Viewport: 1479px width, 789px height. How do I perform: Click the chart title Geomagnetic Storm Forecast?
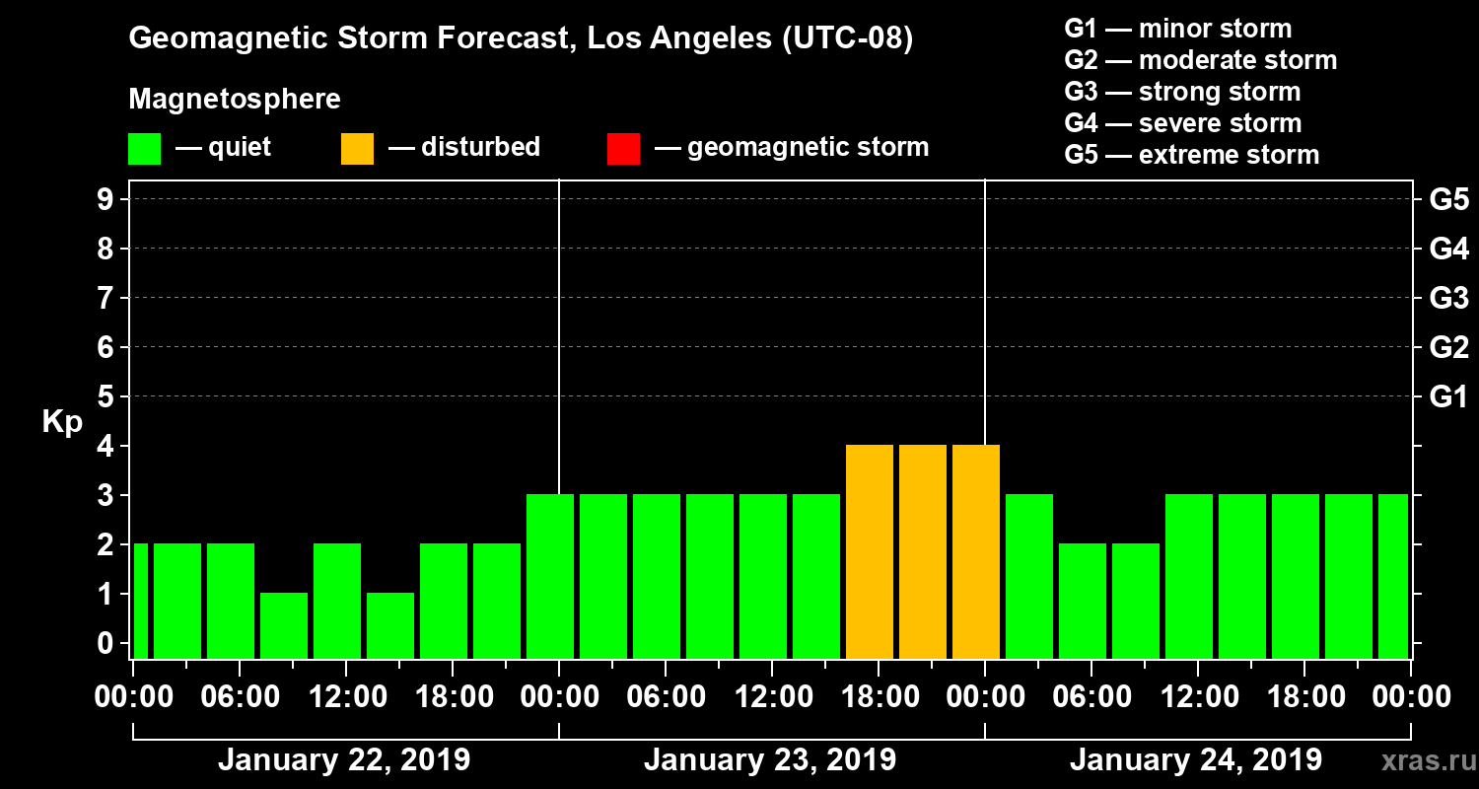click(x=521, y=39)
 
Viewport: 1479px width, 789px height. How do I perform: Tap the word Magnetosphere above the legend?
click(x=235, y=100)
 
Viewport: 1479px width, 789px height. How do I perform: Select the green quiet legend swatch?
click(x=144, y=148)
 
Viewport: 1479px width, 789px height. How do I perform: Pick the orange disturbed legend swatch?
click(x=357, y=148)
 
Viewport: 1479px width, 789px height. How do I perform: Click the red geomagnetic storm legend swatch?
click(x=623, y=148)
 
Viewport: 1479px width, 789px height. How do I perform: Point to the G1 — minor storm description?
click(x=1177, y=29)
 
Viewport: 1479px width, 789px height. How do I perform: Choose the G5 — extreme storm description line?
click(x=1191, y=155)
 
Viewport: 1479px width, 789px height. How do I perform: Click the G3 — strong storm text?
click(x=1182, y=92)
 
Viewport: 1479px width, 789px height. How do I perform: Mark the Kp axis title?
click(x=62, y=422)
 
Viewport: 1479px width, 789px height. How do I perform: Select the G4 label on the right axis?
click(x=1448, y=249)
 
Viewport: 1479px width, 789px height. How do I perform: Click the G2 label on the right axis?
click(x=1448, y=347)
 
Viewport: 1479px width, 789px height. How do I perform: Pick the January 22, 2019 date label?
click(x=343, y=760)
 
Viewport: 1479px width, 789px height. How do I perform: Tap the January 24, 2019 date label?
click(x=1195, y=760)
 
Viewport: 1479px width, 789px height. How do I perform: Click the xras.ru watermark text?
click(x=1421, y=760)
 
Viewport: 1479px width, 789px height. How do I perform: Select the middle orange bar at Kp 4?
click(x=923, y=551)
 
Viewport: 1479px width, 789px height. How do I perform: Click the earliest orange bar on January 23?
click(x=870, y=551)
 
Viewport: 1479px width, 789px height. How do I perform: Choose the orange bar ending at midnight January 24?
click(x=976, y=551)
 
